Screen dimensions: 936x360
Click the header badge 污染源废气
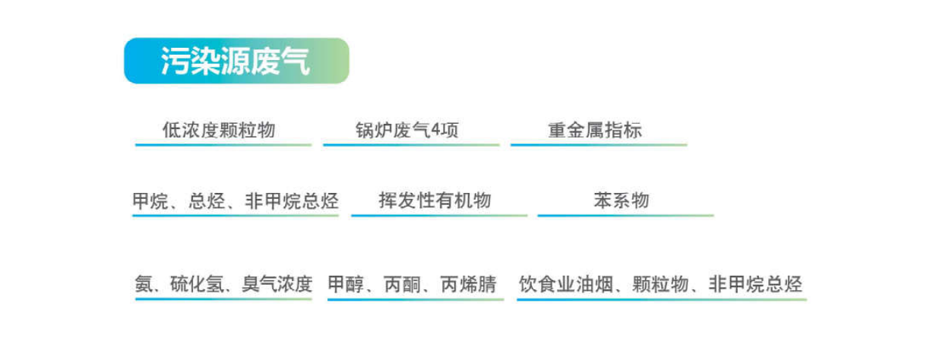click(x=236, y=61)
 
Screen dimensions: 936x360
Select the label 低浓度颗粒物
click(x=219, y=130)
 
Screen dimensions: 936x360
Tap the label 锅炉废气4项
click(x=407, y=130)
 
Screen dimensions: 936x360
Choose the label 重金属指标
click(x=595, y=130)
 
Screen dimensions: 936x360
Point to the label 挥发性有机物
click(x=435, y=201)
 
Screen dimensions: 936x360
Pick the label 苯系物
click(x=621, y=201)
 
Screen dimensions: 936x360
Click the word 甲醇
click(x=346, y=284)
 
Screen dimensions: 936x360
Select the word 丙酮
click(x=402, y=284)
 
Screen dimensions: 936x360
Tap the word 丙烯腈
click(x=469, y=284)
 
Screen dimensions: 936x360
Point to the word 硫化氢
click(x=197, y=284)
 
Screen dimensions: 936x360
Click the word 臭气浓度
click(x=277, y=284)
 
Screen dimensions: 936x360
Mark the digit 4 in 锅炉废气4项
click(x=436, y=130)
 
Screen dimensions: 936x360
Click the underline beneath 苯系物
click(x=625, y=216)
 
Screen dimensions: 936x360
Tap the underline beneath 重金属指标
click(x=599, y=145)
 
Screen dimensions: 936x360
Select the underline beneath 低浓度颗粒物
click(x=223, y=145)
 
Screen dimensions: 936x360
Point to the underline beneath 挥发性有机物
click(x=439, y=216)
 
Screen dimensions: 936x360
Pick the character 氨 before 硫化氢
click(x=144, y=284)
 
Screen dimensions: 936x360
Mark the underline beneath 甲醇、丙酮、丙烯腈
click(x=416, y=299)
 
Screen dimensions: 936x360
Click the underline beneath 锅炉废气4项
click(x=411, y=145)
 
